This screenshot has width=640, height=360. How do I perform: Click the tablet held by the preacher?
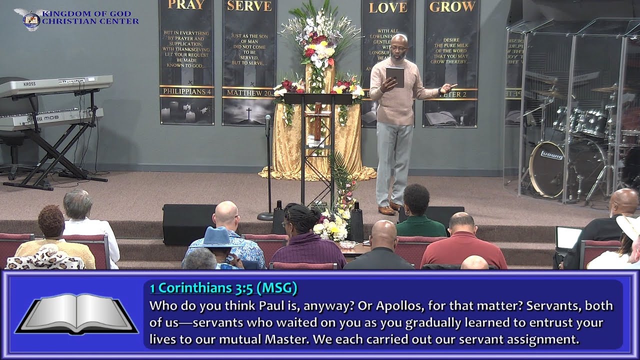click(394, 76)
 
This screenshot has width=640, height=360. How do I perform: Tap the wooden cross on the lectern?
click(317, 120)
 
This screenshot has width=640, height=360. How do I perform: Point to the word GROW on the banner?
click(452, 6)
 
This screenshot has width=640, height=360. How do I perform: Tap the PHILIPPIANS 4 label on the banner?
click(186, 91)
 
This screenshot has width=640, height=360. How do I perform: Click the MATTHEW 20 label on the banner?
click(248, 93)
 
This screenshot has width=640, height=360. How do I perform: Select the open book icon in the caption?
click(76, 314)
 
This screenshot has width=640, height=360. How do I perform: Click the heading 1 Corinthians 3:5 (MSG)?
click(223, 288)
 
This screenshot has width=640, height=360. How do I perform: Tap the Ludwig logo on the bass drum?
click(551, 155)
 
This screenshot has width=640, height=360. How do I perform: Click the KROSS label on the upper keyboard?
click(29, 84)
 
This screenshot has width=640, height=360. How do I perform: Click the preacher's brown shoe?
click(386, 210)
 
